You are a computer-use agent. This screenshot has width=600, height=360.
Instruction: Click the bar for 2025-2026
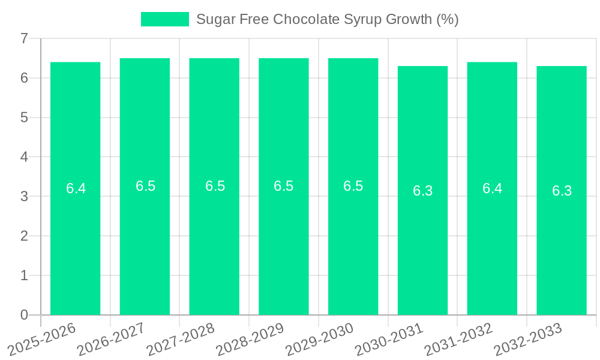(75, 240)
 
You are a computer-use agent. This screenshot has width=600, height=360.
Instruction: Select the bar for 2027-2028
(214, 240)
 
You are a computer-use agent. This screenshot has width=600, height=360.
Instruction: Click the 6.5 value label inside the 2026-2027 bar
(145, 186)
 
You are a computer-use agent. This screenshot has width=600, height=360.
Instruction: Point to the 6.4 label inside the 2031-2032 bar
(492, 188)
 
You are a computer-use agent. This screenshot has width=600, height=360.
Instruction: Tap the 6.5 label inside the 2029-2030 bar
(353, 186)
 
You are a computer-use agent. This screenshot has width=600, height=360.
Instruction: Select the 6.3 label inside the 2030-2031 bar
(422, 191)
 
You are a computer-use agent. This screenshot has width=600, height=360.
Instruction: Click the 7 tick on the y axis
(24, 38)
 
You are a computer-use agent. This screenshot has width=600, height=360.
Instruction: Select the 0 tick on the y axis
(24, 315)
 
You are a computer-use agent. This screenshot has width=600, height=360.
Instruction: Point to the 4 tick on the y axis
(24, 157)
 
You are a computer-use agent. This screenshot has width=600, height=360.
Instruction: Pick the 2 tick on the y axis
(24, 236)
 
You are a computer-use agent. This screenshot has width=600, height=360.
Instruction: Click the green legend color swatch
(164, 19)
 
